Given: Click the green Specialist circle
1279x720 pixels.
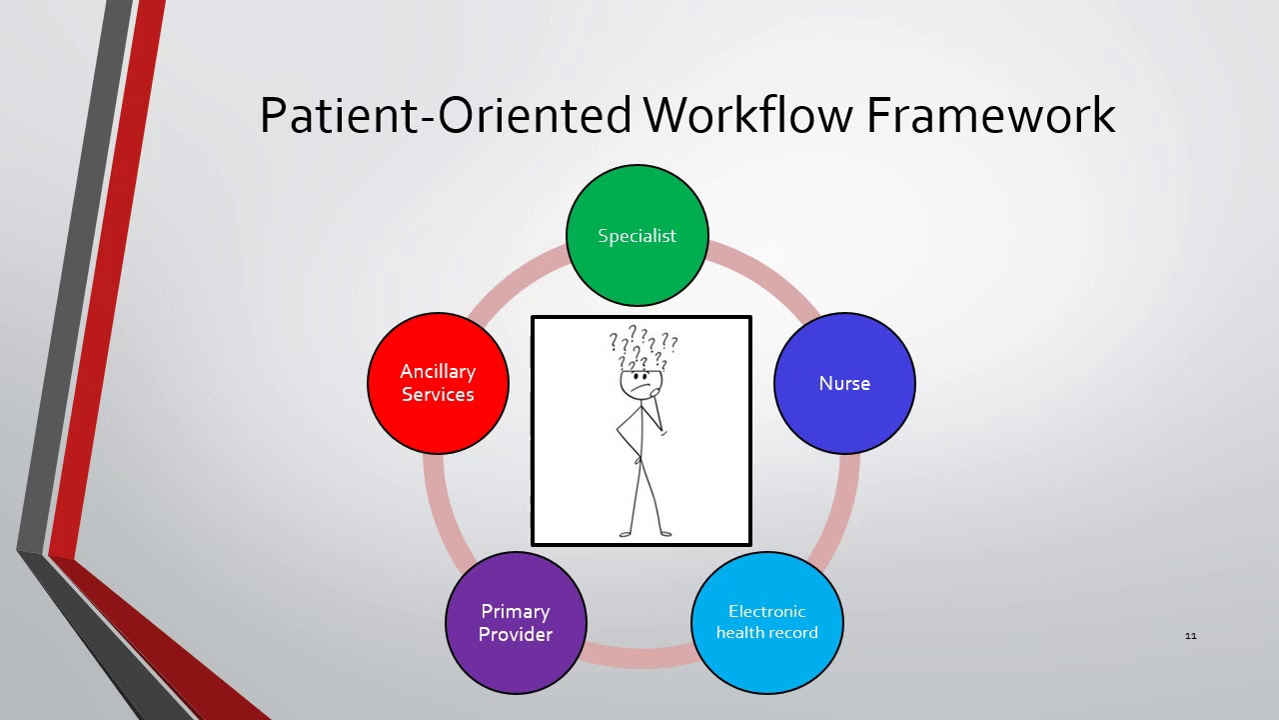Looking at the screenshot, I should tap(638, 236).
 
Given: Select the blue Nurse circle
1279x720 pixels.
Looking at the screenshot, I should tap(844, 384).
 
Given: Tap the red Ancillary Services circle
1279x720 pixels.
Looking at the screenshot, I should tap(438, 383).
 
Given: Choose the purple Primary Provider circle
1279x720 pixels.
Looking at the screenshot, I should tap(516, 622).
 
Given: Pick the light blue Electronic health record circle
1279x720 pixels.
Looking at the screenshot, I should tap(766, 622).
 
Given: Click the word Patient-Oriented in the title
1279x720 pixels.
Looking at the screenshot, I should tap(445, 115).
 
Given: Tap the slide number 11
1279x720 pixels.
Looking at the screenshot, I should tap(1190, 636).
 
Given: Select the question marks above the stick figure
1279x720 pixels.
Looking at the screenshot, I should tap(643, 348).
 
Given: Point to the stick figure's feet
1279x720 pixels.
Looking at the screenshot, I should tap(645, 533).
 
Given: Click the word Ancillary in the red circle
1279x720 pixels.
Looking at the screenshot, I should tap(438, 372).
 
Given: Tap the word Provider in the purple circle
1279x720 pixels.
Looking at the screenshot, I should tap(516, 634).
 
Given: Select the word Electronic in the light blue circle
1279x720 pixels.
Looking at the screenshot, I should tap(766, 611).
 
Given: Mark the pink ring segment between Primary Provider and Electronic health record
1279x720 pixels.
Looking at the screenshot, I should tap(639, 657).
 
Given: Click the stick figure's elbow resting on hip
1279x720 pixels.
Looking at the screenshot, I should tap(619, 434).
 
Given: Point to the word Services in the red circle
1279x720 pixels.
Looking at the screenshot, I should tap(438, 395).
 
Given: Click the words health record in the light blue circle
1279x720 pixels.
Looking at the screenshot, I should tap(766, 633).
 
